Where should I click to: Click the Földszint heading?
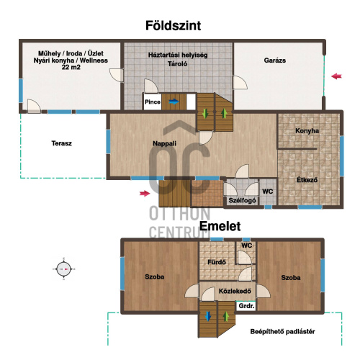click(x=173, y=26)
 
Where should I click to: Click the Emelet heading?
click(x=220, y=226)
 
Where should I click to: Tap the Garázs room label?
click(x=275, y=60)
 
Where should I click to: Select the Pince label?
click(x=153, y=102)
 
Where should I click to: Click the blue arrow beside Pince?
click(x=174, y=102)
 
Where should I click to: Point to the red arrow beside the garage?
click(x=336, y=76)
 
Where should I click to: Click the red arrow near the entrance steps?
click(x=145, y=193)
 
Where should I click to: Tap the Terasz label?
click(x=62, y=143)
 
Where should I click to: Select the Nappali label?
click(x=164, y=143)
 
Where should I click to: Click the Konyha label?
click(x=307, y=131)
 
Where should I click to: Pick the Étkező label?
click(x=307, y=180)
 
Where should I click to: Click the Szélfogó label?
click(x=242, y=200)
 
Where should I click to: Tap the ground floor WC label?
click(x=268, y=192)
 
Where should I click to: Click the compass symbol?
click(x=64, y=269)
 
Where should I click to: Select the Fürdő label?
click(x=217, y=262)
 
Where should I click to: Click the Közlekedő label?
click(x=235, y=291)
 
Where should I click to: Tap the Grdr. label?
click(x=246, y=306)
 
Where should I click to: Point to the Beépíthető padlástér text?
click(x=282, y=332)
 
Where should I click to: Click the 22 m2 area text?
click(x=71, y=67)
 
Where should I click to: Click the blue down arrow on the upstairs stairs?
click(x=208, y=316)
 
